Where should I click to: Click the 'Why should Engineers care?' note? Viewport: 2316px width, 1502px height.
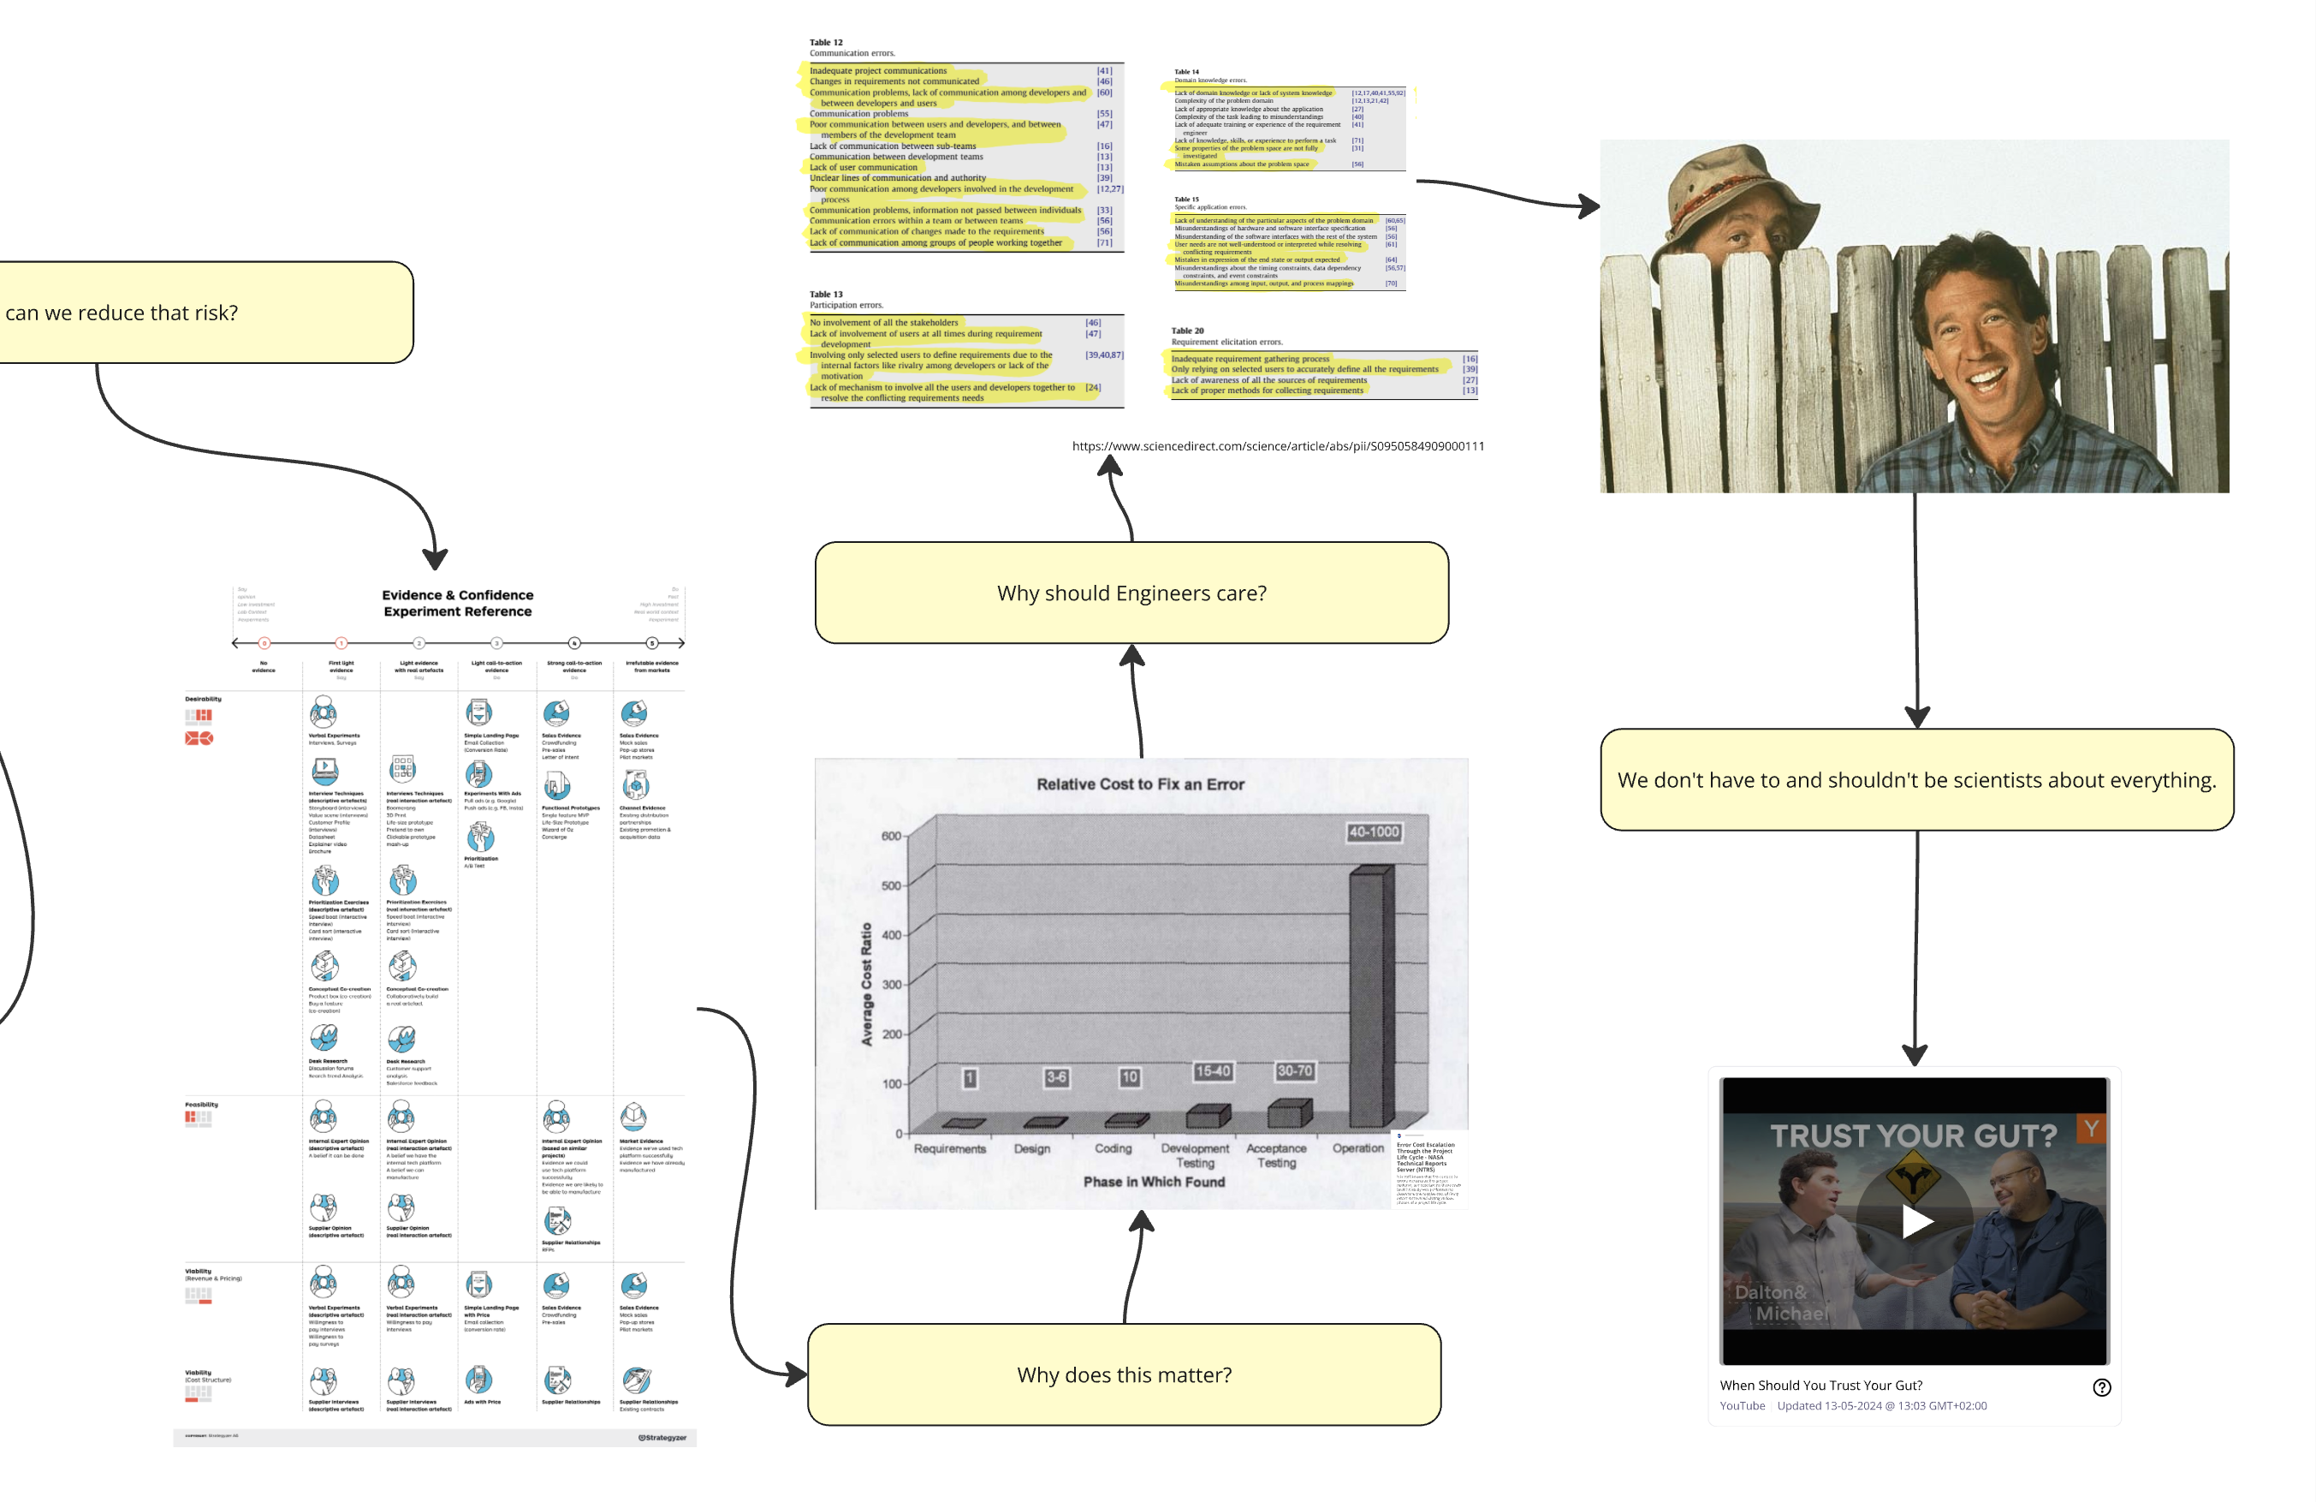[x=1131, y=593]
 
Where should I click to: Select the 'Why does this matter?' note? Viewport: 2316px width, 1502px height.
[x=1123, y=1374]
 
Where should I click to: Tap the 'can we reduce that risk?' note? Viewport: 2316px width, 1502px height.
[x=194, y=313]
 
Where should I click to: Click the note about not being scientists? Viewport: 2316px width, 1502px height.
[x=1916, y=780]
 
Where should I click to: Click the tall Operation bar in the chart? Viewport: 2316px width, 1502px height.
[x=1369, y=992]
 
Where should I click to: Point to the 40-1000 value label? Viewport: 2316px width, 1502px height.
[x=1373, y=831]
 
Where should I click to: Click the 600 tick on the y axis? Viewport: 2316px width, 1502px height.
[x=890, y=835]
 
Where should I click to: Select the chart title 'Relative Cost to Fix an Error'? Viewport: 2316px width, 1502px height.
[x=1139, y=784]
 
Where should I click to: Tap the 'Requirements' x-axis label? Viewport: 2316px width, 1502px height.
[x=949, y=1148]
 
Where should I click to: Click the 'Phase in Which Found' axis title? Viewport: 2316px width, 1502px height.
[x=1153, y=1181]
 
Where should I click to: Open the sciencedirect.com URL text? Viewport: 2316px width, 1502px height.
[x=1278, y=446]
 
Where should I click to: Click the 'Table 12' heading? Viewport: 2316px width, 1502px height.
[x=826, y=42]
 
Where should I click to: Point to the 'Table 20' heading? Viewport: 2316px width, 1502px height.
[x=1187, y=330]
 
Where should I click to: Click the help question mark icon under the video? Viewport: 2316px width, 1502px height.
[x=2101, y=1386]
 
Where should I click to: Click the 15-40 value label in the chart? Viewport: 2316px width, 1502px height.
[x=1212, y=1070]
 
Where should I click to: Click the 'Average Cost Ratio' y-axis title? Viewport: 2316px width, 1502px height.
[x=866, y=983]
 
